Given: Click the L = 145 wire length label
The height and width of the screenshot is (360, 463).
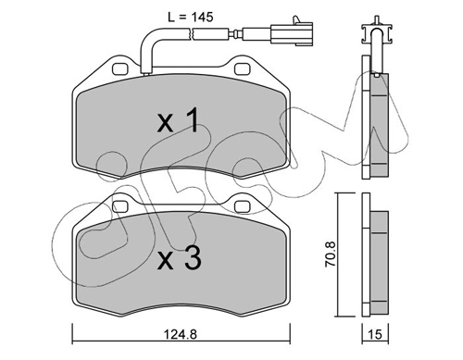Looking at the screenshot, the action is pyautogui.click(x=191, y=17).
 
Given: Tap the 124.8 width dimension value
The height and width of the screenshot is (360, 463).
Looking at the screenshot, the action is pyautogui.click(x=181, y=334).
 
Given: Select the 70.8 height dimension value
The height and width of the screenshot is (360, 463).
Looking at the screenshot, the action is pyautogui.click(x=330, y=254).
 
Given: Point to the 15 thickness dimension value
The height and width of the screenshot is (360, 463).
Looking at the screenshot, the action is pyautogui.click(x=375, y=334).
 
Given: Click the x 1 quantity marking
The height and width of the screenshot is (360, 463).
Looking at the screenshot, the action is pyautogui.click(x=177, y=120).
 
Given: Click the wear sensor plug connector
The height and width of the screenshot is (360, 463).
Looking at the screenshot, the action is pyautogui.click(x=292, y=31).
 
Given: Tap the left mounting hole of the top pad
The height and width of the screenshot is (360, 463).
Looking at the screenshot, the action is pyautogui.click(x=120, y=68).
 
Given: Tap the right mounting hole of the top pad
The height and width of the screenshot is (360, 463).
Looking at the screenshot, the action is pyautogui.click(x=243, y=68).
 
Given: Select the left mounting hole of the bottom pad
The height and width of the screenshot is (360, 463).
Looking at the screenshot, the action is pyautogui.click(x=120, y=206).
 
